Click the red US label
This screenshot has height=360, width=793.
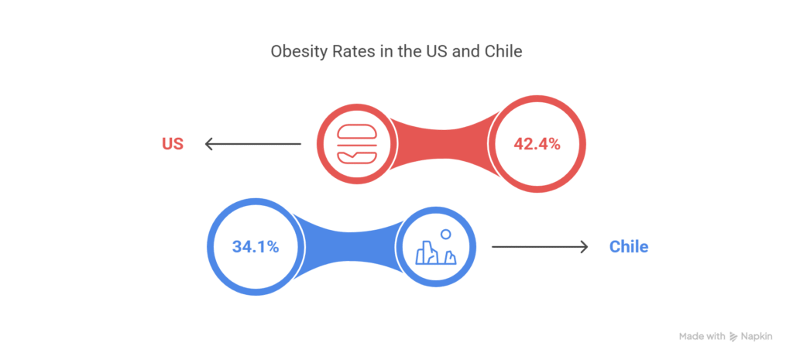172,144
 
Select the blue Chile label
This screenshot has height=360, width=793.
628,247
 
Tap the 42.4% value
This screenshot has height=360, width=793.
537,144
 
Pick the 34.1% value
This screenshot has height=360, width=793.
255,247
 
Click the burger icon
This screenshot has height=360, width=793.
357,144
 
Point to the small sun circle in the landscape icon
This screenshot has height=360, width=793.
445,234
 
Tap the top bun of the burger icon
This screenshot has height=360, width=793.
357,132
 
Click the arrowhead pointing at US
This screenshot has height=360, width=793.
208,144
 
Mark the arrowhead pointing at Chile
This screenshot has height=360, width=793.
584,247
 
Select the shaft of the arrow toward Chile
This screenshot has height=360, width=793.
534,247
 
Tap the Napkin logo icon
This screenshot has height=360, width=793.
734,337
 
